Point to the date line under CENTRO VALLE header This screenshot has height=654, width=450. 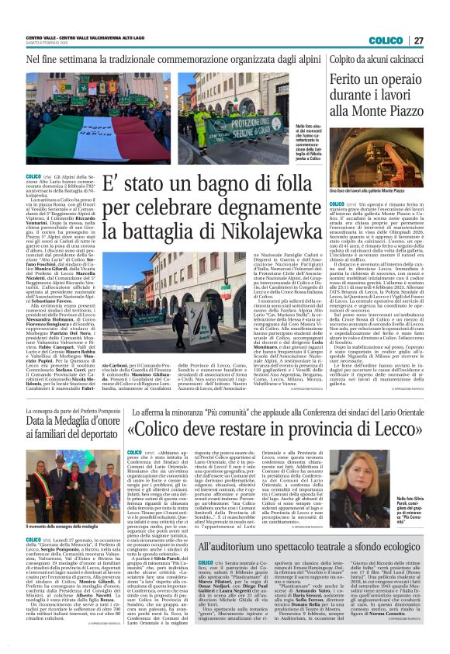click(47, 43)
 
